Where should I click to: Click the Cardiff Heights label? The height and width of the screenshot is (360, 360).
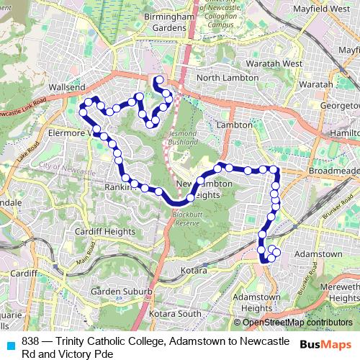105,231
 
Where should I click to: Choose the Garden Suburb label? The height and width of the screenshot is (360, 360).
121,292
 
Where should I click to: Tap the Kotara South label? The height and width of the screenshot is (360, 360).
175,314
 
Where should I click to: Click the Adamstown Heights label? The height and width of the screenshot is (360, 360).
257,302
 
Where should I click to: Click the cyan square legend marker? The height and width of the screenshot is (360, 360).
9,346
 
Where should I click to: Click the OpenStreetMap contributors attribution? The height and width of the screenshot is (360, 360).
297,323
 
